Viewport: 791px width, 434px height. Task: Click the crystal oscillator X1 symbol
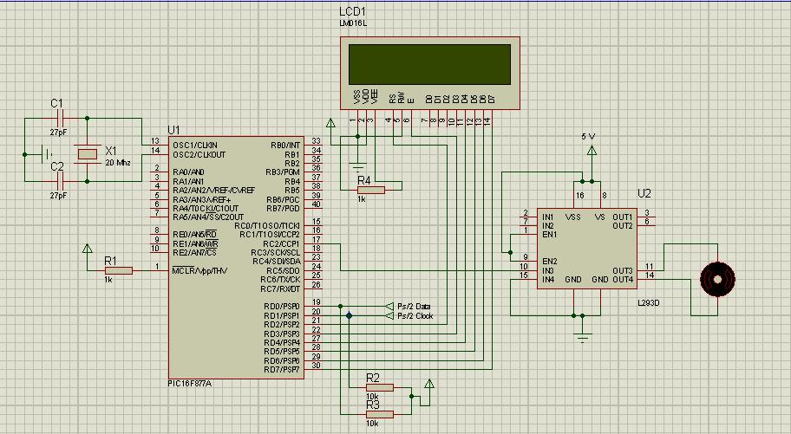click(88, 153)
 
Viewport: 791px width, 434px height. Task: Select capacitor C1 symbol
click(59, 117)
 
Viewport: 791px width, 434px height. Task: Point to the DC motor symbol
click(717, 279)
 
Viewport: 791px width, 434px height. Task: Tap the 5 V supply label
click(589, 137)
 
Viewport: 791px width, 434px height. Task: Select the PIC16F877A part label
click(190, 382)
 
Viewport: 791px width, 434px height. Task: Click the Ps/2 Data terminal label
click(414, 307)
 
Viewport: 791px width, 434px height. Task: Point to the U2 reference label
click(644, 193)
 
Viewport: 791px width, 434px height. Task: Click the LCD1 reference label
click(353, 11)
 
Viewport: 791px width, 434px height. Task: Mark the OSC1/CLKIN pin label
click(194, 145)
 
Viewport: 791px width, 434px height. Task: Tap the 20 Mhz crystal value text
click(117, 163)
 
